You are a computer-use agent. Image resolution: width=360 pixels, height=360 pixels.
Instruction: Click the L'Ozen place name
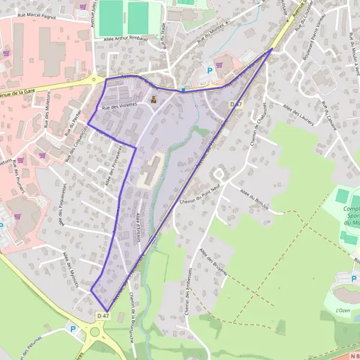click(343, 310)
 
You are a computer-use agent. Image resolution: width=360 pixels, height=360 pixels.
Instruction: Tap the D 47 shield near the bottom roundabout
click(103, 315)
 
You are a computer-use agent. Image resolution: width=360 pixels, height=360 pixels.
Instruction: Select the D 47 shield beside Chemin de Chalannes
click(236, 104)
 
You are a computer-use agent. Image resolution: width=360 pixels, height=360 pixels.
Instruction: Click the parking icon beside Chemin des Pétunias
click(73, 329)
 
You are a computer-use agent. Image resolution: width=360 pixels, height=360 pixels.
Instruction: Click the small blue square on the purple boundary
click(183, 90)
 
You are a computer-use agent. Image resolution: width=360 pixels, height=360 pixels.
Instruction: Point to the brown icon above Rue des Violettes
click(154, 100)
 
